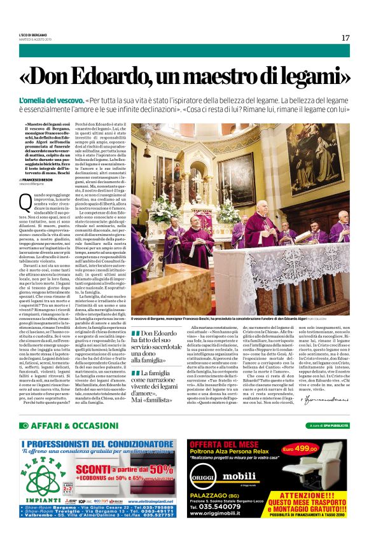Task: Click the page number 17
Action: coord(345,38)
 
